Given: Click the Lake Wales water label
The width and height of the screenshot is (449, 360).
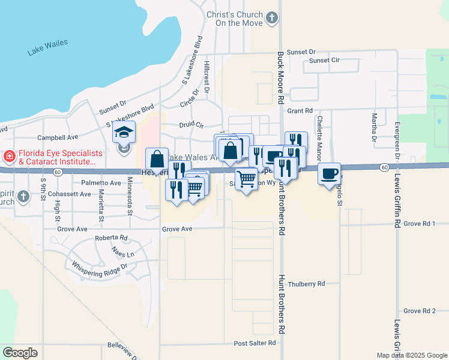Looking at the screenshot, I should coord(47,47).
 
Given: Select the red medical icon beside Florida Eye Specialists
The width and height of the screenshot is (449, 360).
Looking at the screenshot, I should coord(9,158).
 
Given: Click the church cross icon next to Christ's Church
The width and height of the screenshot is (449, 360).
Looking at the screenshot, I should coord(273,18).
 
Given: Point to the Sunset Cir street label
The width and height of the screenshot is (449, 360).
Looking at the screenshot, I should coord(324,61).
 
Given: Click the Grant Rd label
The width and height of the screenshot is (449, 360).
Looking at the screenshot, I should coord(300,111).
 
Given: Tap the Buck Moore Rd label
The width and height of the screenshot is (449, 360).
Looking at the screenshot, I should coord(280,77).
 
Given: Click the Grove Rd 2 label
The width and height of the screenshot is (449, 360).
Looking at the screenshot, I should coord(419,311).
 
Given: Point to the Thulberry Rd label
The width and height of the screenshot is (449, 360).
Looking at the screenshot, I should coord(306,284).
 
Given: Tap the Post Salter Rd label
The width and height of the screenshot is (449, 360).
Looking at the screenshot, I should coord(255,343).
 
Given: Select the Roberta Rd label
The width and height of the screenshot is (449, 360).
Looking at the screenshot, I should coord(111,238).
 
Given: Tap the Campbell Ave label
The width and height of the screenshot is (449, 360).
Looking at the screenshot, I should coord(58,137).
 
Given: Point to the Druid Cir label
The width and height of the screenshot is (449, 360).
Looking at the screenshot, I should coord(191,125).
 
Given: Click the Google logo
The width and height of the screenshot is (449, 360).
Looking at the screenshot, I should coord(20,353).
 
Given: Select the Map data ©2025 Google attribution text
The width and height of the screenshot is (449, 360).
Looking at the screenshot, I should coord(411,355).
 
